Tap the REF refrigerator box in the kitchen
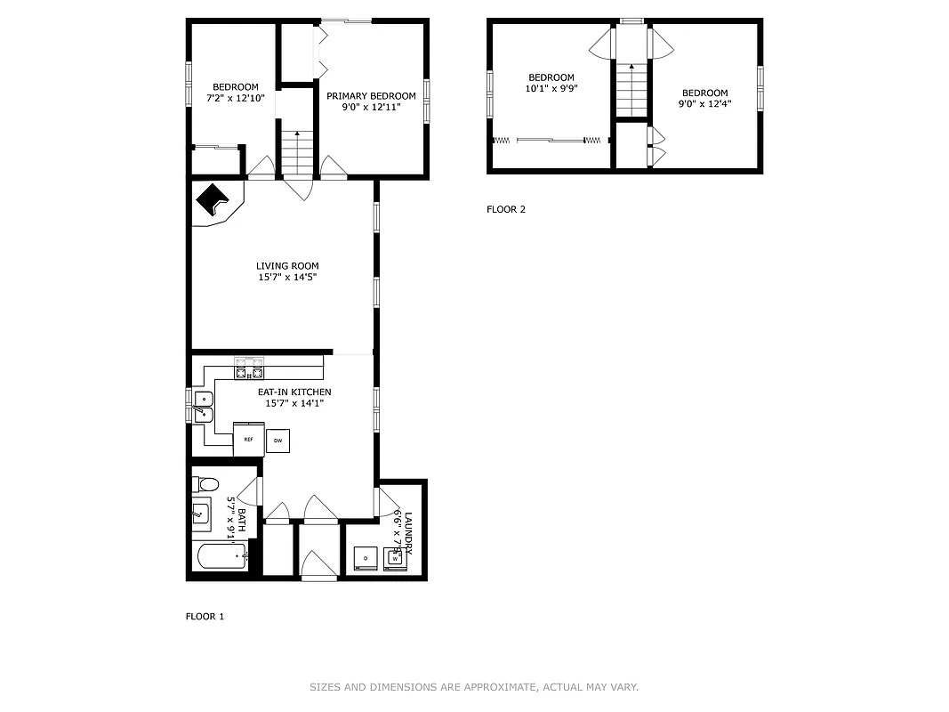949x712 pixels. click(x=249, y=439)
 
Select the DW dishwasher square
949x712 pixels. click(x=277, y=440)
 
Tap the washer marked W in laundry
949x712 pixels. click(x=395, y=558)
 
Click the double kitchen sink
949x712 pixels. click(x=203, y=406)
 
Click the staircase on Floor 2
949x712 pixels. click(x=631, y=89)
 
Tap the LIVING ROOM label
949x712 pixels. click(x=287, y=266)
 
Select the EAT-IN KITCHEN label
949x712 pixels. click(x=294, y=392)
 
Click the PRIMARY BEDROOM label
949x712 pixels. click(x=371, y=96)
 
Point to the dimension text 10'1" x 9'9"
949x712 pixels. click(x=551, y=88)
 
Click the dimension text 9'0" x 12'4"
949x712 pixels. click(x=704, y=104)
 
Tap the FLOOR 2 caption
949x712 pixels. click(x=506, y=210)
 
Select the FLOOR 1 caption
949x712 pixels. click(x=205, y=616)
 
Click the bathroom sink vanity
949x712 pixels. click(x=201, y=514)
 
